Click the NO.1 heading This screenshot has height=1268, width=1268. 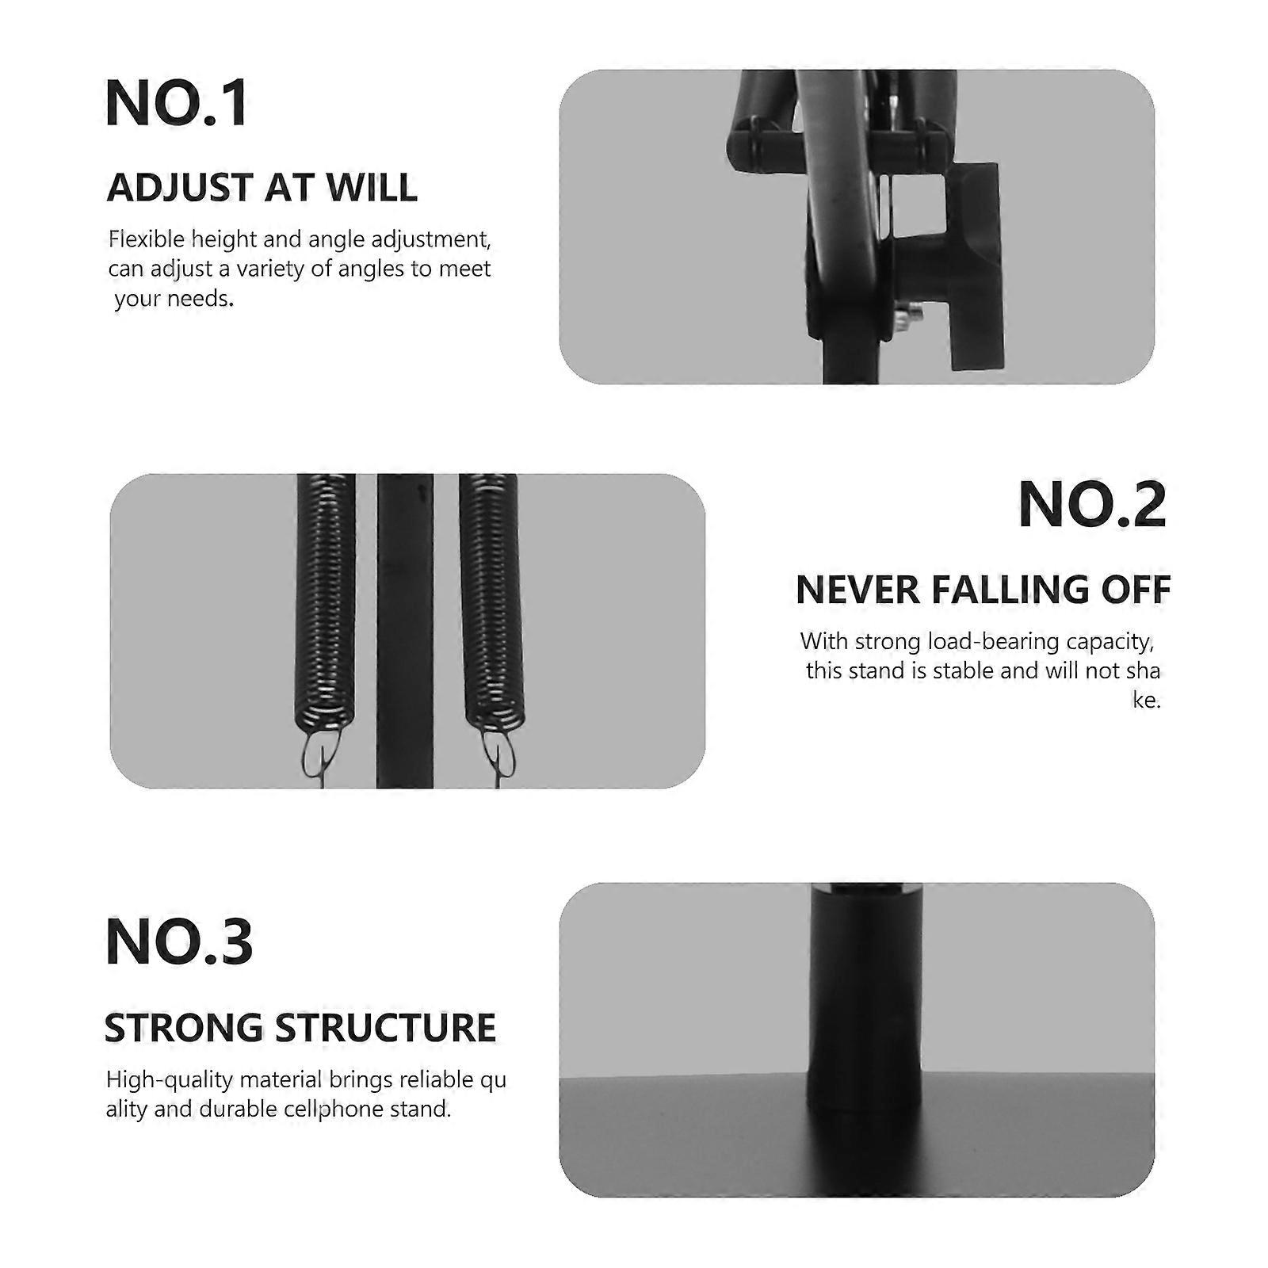click(x=177, y=103)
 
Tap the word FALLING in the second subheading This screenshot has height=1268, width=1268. click(x=1008, y=590)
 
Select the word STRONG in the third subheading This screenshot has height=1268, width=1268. click(x=184, y=1028)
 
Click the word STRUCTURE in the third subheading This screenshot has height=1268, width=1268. click(x=385, y=1028)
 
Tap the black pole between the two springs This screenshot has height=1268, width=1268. click(x=405, y=631)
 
